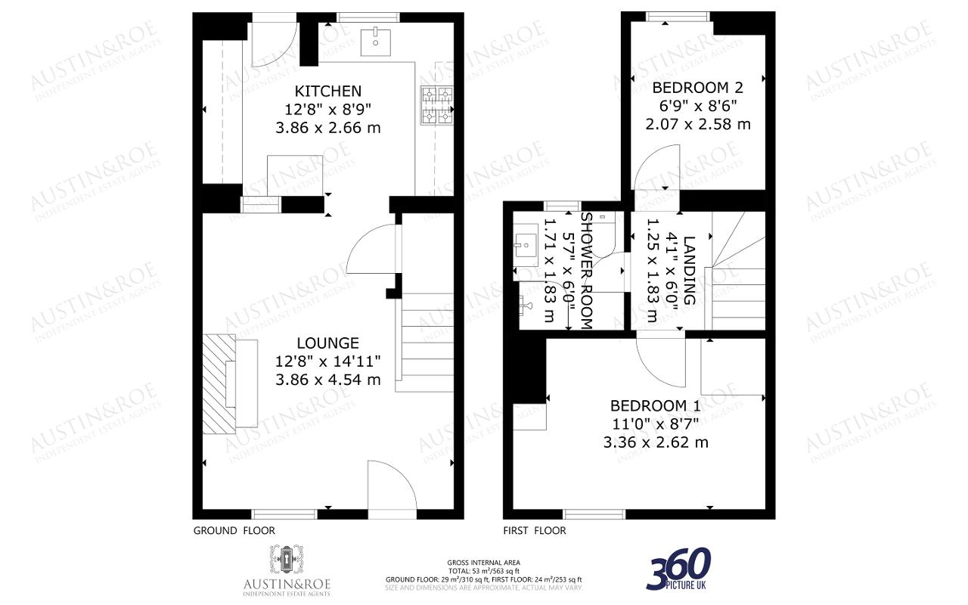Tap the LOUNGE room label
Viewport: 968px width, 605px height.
coord(327,343)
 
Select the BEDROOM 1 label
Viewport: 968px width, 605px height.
coord(656,405)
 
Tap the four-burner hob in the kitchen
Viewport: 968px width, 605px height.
coord(436,105)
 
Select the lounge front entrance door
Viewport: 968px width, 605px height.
coord(392,489)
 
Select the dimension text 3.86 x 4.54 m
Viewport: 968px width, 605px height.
coord(327,380)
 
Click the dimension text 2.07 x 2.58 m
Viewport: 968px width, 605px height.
coord(697,124)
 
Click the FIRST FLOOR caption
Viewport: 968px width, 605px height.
coord(535,531)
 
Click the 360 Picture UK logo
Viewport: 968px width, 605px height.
coord(678,569)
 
